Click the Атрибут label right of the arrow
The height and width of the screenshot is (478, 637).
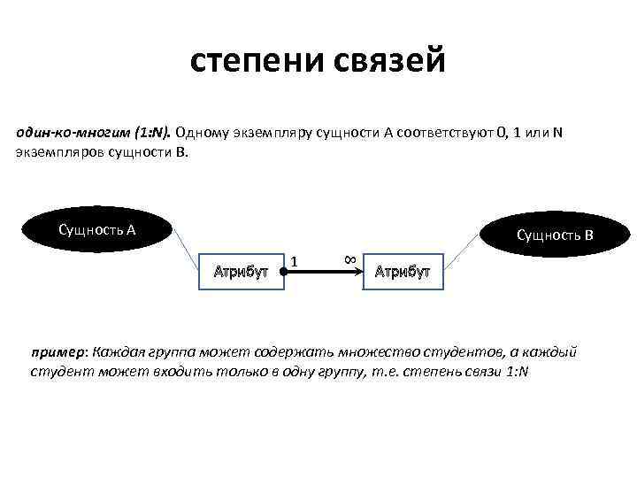coord(402,271)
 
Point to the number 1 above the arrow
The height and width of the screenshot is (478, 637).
coord(294,260)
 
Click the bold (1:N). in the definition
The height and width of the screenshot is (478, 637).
coord(152,133)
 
